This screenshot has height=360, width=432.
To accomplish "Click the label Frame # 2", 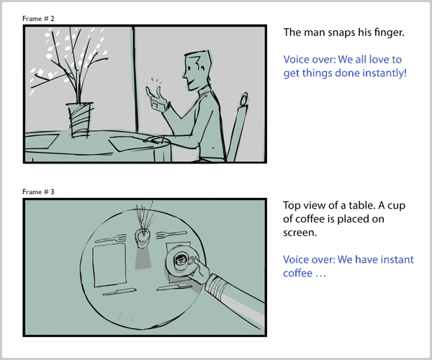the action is [38, 19].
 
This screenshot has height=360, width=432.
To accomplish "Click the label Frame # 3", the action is [38, 192].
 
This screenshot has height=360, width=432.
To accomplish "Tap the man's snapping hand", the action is [157, 99].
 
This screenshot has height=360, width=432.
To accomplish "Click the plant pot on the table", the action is [79, 120].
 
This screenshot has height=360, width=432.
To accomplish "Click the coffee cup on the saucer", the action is [183, 261].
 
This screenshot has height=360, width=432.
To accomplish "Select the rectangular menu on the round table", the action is [110, 266].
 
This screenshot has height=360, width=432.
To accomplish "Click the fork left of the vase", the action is [110, 238].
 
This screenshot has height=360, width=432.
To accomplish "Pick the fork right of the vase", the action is [171, 235].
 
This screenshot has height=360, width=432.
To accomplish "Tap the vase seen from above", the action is [143, 238].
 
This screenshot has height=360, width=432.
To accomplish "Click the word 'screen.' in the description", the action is [300, 233].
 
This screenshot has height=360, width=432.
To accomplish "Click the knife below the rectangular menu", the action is [120, 292].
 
